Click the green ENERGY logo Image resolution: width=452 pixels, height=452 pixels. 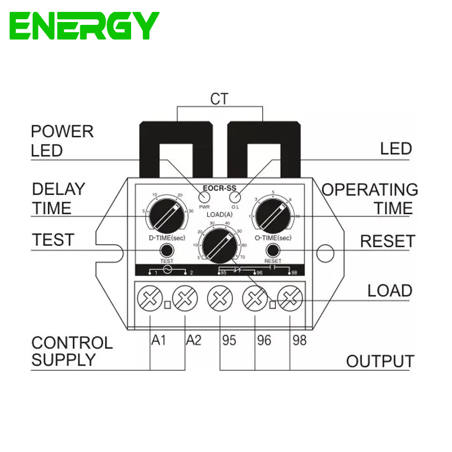point(84,25)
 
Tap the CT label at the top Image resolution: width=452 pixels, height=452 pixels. point(219,99)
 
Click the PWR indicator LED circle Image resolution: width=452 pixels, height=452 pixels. point(203,197)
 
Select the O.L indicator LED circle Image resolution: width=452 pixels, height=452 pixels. point(235,197)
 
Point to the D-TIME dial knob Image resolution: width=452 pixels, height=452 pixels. point(165,215)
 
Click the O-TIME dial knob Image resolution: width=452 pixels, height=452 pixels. point(275,215)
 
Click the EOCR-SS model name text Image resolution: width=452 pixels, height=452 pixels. point(220,189)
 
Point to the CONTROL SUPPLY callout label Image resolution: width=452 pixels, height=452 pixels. point(72,351)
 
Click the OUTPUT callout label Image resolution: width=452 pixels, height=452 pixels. point(380,361)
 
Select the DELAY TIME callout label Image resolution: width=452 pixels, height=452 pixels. point(58,198)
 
